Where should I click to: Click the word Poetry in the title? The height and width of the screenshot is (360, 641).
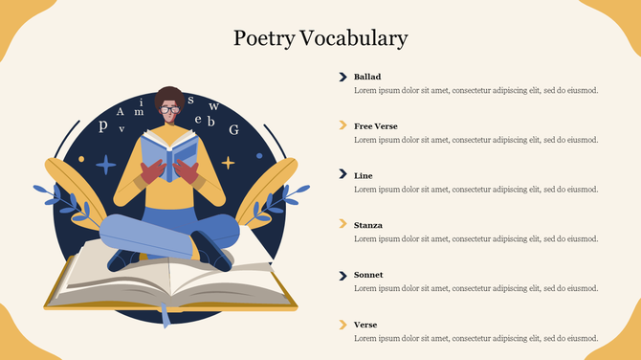point(264,38)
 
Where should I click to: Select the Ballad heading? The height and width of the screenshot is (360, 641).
point(367,77)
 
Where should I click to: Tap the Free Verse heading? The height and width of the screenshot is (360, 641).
point(375,126)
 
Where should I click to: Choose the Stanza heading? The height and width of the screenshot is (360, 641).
point(368,225)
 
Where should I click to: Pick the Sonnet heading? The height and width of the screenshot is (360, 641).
point(368,275)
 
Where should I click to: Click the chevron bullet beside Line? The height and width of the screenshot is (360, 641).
point(342,175)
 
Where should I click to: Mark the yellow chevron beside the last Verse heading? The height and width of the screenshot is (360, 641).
point(342,325)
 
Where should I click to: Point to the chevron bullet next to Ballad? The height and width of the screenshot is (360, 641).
point(342,77)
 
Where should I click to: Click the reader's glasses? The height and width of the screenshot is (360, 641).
point(169,110)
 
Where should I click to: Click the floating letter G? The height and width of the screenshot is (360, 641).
point(233,130)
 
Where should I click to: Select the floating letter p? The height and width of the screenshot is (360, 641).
point(102,125)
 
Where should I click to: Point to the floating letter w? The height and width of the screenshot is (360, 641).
point(213,106)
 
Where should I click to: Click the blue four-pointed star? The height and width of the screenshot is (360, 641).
point(105,164)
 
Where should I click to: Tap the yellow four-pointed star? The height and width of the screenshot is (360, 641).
point(228,163)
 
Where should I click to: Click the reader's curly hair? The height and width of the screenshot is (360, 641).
point(169,95)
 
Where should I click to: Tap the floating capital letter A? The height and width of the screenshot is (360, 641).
point(122,112)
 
